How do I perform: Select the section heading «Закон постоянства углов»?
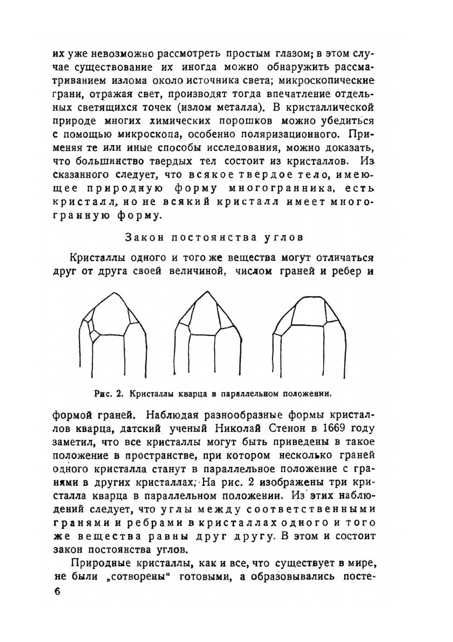point(214,237)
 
